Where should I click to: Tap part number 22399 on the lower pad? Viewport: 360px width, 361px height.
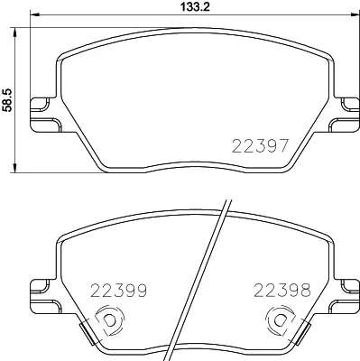pyautogui.click(x=119, y=291)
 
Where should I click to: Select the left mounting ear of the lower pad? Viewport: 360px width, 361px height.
pyautogui.click(x=42, y=290)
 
